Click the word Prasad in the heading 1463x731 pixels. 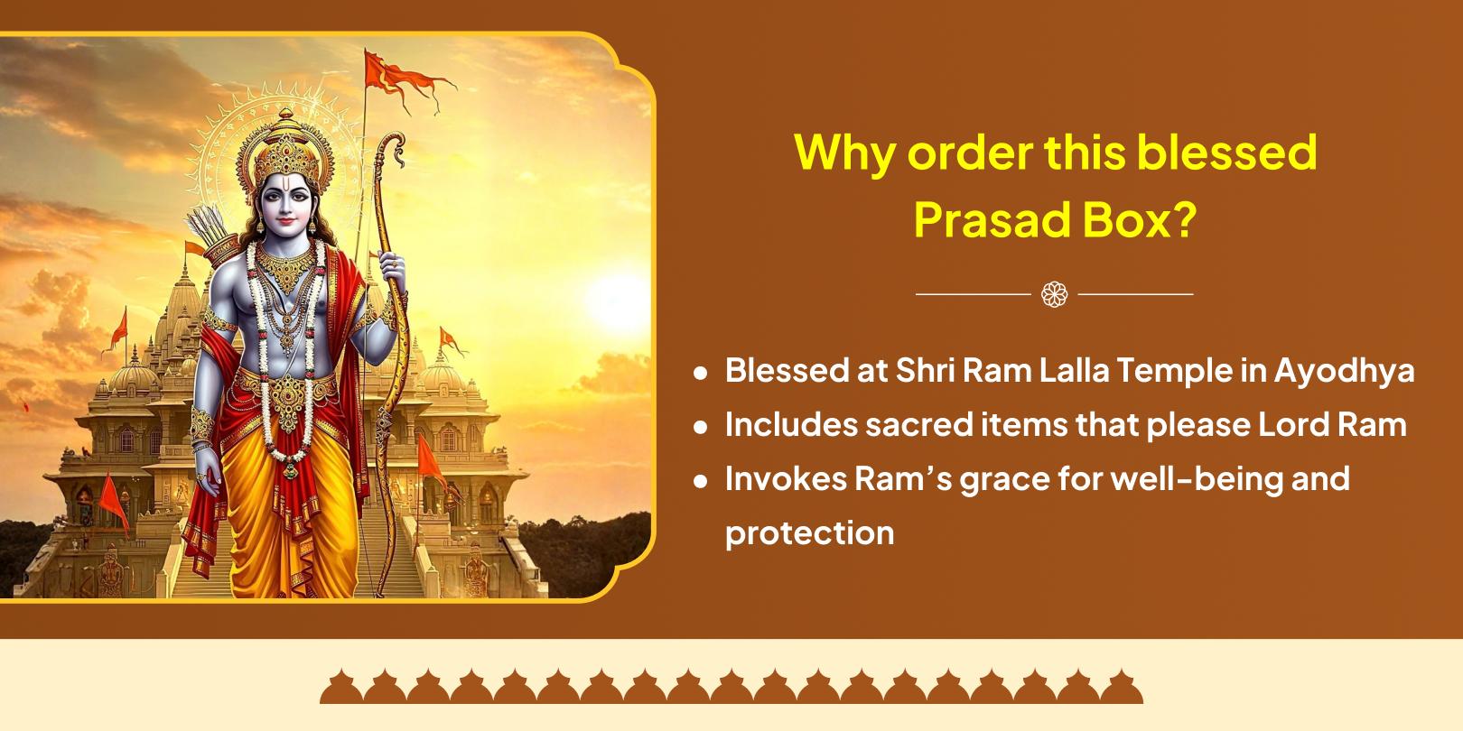pos(992,220)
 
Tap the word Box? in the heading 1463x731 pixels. pos(1140,220)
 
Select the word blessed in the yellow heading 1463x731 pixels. pos(1226,153)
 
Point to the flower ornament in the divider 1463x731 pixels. pos(1054,294)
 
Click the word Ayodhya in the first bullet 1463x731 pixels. pos(1344,372)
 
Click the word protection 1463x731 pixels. pos(810,534)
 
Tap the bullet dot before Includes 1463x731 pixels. pos(701,427)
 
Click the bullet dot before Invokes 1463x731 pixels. pos(701,481)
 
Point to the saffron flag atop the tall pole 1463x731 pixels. pos(405,79)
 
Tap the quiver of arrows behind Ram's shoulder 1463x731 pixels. pos(212,235)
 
